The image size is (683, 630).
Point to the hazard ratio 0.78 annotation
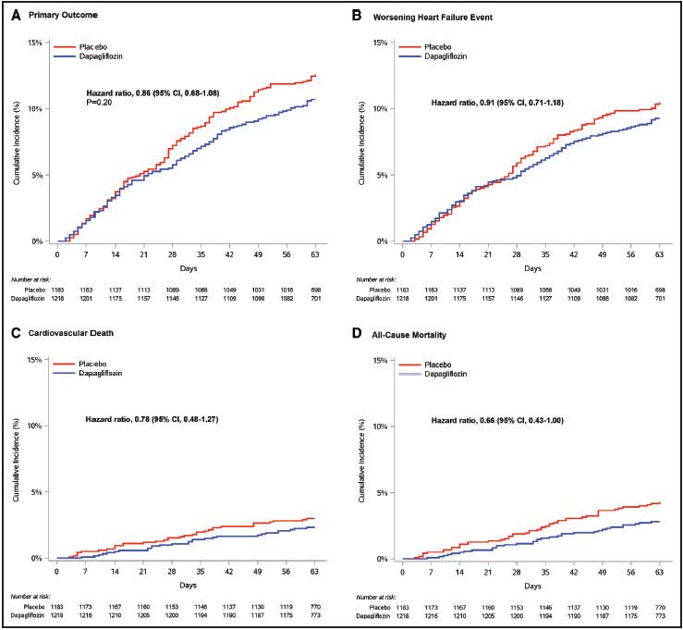coord(152,421)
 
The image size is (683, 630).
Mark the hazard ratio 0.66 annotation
coord(498,421)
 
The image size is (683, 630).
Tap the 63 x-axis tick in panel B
coord(658,253)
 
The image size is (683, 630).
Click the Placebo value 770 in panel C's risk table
coord(313,608)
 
